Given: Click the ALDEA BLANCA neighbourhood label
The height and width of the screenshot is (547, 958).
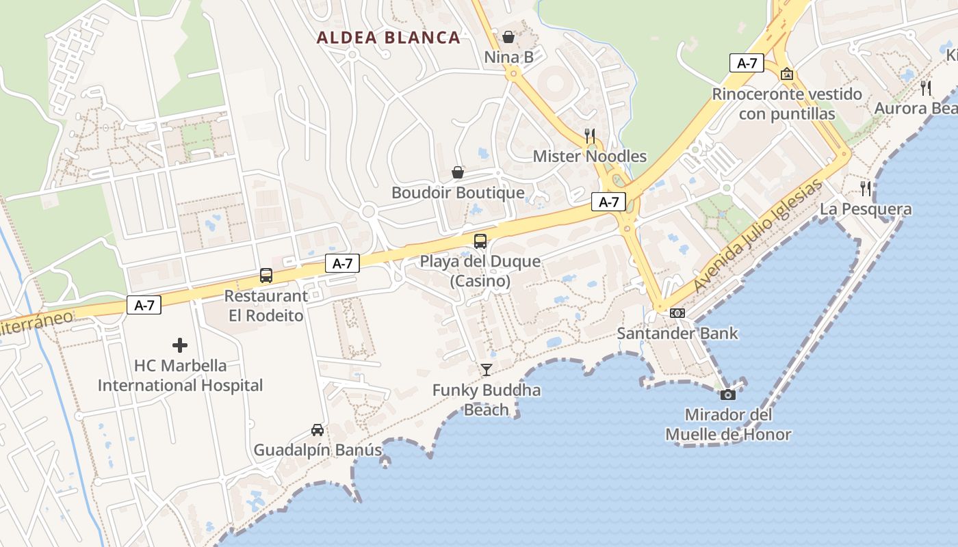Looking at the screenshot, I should pyautogui.click(x=388, y=38).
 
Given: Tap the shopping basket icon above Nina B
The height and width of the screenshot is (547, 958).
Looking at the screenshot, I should pyautogui.click(x=508, y=37).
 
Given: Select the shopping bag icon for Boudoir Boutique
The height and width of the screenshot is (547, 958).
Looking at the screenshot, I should pyautogui.click(x=458, y=172).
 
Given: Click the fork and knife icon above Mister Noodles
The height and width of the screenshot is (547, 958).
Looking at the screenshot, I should pyautogui.click(x=590, y=136).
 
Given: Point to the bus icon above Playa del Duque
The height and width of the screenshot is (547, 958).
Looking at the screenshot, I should pyautogui.click(x=480, y=241).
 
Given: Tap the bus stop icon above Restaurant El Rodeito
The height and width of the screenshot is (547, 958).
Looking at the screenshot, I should pyautogui.click(x=266, y=276).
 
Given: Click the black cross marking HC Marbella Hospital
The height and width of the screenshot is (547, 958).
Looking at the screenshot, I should pyautogui.click(x=180, y=345).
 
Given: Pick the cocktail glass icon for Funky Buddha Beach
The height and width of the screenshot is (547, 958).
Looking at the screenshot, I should pyautogui.click(x=487, y=370).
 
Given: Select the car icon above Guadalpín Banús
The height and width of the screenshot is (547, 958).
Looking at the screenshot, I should pyautogui.click(x=318, y=430).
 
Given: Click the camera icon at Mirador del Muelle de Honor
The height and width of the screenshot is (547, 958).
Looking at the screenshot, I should pyautogui.click(x=728, y=395).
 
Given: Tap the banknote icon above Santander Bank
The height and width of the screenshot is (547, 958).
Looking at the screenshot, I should pyautogui.click(x=677, y=313).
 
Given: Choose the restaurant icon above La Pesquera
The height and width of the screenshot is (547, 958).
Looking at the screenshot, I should pyautogui.click(x=866, y=188).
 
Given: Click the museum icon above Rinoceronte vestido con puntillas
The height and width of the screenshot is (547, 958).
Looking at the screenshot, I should pyautogui.click(x=787, y=73).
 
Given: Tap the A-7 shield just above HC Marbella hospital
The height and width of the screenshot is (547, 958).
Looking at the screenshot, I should pyautogui.click(x=144, y=305).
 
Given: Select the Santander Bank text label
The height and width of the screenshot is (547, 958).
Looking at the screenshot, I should pyautogui.click(x=677, y=334).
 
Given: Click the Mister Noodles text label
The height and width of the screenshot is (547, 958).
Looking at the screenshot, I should pyautogui.click(x=589, y=157).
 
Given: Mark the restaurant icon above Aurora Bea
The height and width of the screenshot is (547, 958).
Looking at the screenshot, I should pyautogui.click(x=926, y=88).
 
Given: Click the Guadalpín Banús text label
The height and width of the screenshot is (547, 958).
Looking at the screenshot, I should pyautogui.click(x=318, y=451).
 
